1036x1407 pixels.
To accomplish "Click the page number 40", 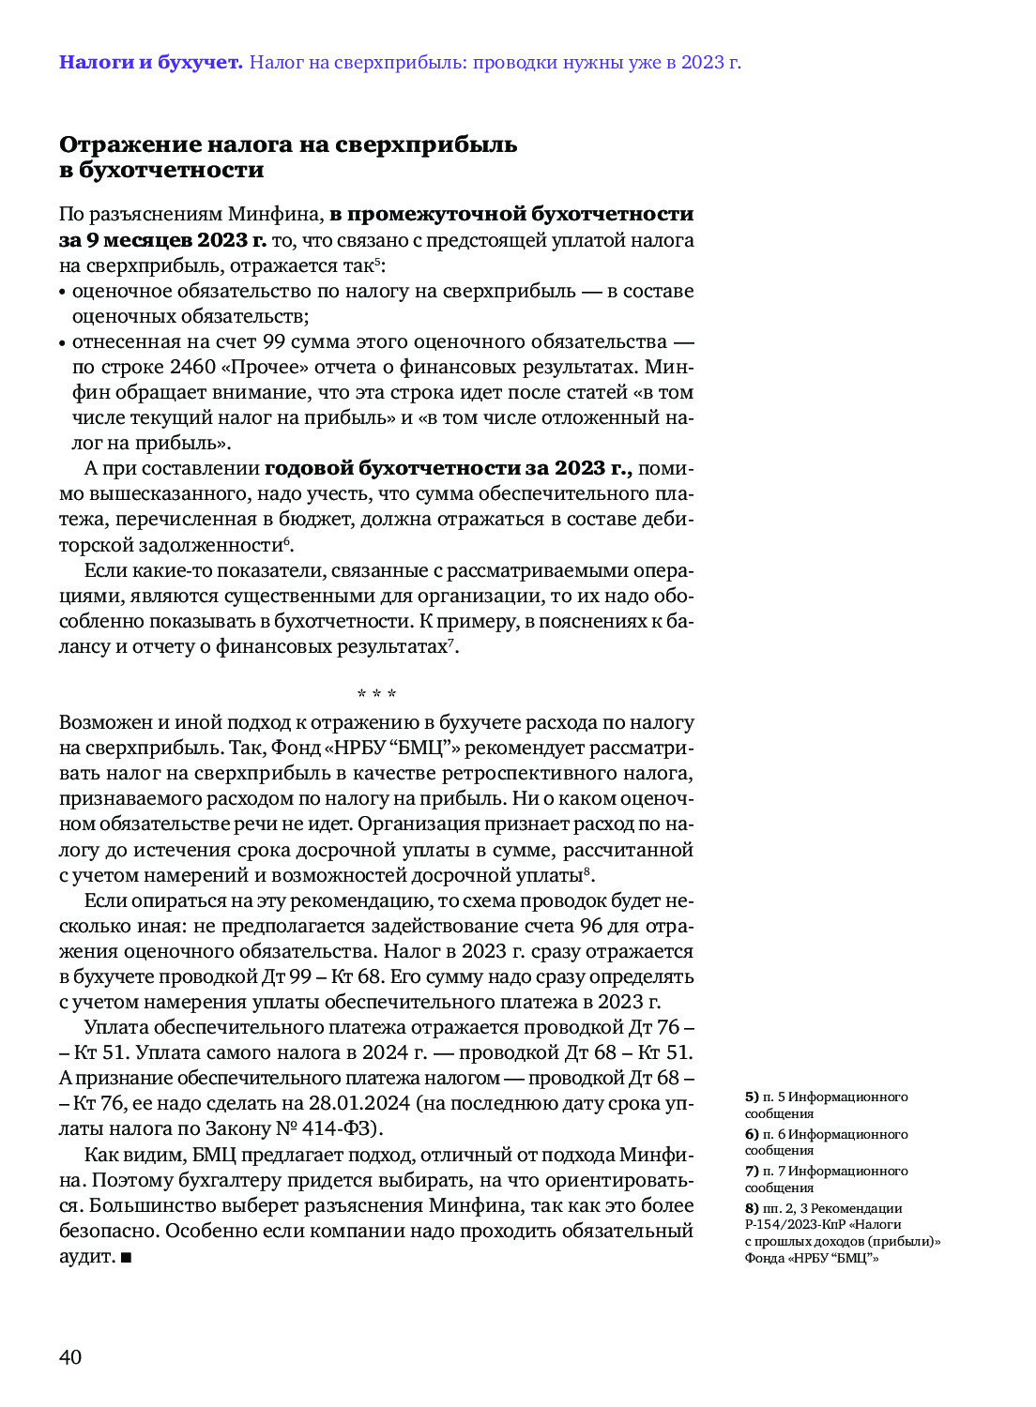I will [x=70, y=1357].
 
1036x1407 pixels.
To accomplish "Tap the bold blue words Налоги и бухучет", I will [x=150, y=63].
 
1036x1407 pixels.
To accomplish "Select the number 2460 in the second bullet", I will [x=192, y=367].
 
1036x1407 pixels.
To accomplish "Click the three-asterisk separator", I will [x=376, y=695].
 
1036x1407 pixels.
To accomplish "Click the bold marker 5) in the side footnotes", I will [x=752, y=1097].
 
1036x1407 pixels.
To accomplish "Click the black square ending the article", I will [x=126, y=1257].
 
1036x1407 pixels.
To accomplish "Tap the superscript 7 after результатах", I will [x=450, y=643].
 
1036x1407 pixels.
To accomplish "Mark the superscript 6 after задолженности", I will [x=287, y=541].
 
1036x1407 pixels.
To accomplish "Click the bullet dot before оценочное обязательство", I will [x=63, y=293].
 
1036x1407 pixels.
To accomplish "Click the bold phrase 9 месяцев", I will [x=140, y=240].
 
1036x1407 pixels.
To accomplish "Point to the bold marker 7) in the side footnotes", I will [x=752, y=1172].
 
